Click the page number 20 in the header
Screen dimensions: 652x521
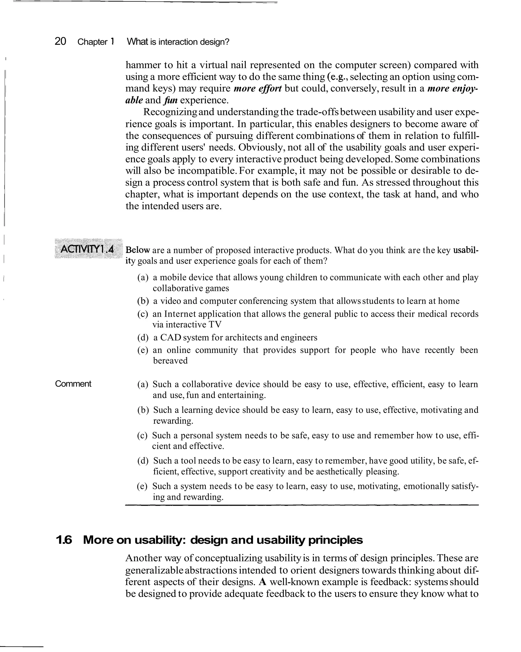click(60, 41)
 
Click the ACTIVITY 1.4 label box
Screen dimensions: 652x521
click(88, 250)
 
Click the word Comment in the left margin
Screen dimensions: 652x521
click(73, 384)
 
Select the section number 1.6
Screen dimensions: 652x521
click(64, 540)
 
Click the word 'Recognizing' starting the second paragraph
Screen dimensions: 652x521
click(170, 112)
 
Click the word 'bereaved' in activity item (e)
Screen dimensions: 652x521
click(170, 360)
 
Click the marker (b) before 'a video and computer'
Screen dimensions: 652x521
click(143, 301)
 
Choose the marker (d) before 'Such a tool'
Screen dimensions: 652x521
click(143, 461)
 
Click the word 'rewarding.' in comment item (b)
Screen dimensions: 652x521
click(173, 421)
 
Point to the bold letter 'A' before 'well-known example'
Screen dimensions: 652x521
click(262, 582)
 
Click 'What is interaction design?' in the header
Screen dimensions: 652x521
click(178, 42)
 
